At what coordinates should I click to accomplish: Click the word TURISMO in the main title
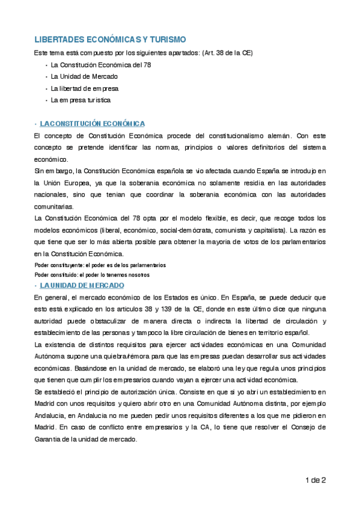coord(163,39)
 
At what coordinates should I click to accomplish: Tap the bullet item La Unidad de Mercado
coord(84,76)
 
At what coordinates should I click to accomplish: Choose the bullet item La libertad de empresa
coord(84,88)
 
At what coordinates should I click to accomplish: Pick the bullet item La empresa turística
coord(81,100)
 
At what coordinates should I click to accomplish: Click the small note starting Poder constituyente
coord(100,265)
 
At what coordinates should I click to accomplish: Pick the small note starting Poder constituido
coord(91,274)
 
